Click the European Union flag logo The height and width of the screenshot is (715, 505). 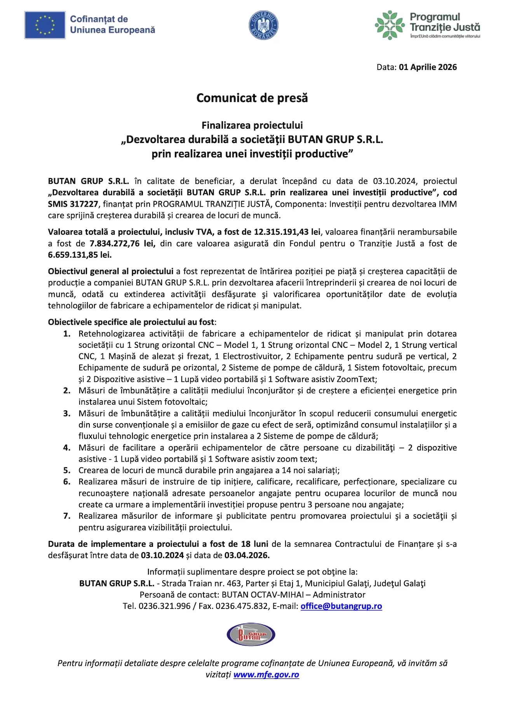(x=45, y=25)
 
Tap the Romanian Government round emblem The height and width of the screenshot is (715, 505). (x=263, y=25)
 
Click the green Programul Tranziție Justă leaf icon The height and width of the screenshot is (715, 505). (x=390, y=25)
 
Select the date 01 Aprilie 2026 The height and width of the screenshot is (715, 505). (x=428, y=67)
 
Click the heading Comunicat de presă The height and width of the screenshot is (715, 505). (x=252, y=98)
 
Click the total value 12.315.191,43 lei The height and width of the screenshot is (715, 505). (x=287, y=232)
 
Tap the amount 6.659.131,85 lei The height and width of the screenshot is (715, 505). (x=80, y=255)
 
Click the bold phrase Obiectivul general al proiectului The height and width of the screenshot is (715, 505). (x=111, y=271)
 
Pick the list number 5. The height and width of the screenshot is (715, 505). (x=67, y=471)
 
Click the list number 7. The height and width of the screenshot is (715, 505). (x=67, y=516)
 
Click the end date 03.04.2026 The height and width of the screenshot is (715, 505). (x=247, y=555)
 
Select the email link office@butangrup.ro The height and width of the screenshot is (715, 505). (x=341, y=606)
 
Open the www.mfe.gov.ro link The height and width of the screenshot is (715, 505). (x=266, y=675)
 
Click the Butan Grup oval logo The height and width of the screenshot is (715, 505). (x=251, y=635)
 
